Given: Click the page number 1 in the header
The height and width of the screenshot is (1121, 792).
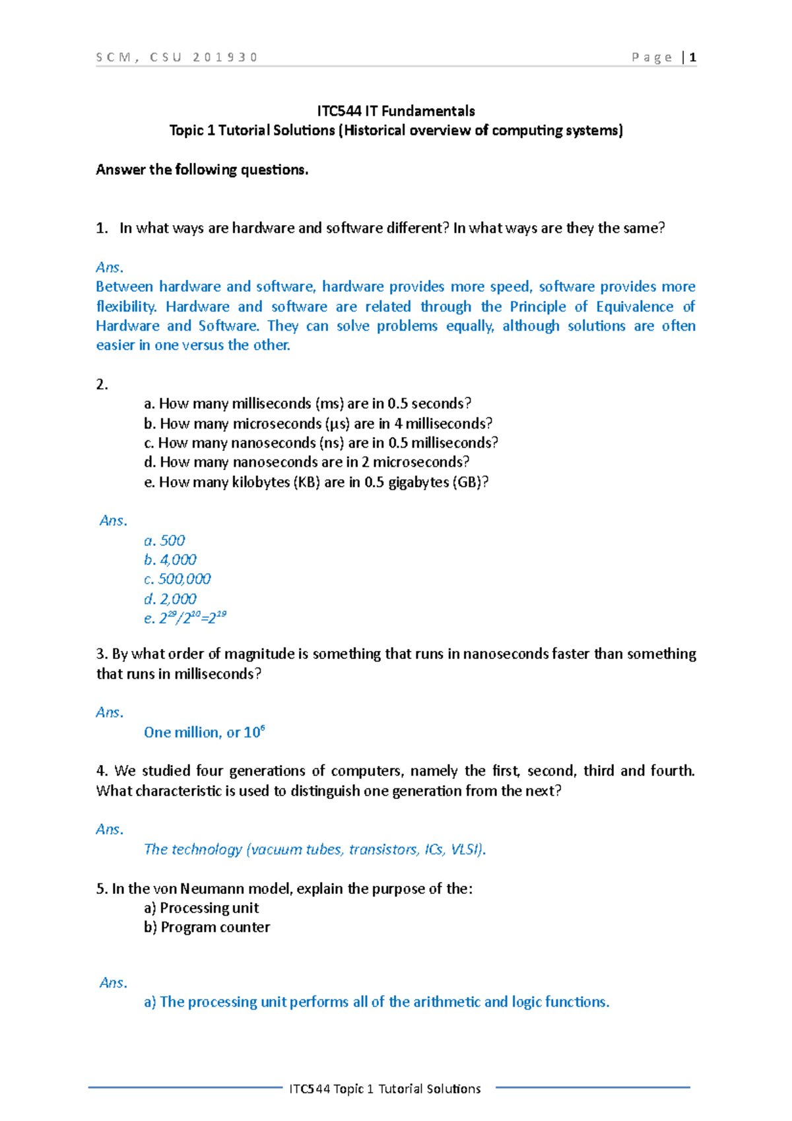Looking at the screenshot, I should [x=692, y=57].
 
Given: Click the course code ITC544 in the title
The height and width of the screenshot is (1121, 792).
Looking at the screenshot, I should [x=339, y=111].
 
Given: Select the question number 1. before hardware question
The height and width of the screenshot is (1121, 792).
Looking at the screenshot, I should [x=102, y=228].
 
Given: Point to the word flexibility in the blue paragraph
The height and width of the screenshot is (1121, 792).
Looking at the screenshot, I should [x=126, y=307].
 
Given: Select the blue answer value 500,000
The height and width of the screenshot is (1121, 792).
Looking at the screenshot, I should [x=184, y=580].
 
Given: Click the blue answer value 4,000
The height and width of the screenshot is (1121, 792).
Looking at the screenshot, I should [x=178, y=560].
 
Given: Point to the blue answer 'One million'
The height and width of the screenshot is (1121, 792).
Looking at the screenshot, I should [x=181, y=733].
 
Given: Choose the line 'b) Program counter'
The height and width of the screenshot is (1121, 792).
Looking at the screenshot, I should [x=207, y=928].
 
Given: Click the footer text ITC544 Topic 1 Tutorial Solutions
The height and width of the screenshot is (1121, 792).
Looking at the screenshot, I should [x=385, y=1089].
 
